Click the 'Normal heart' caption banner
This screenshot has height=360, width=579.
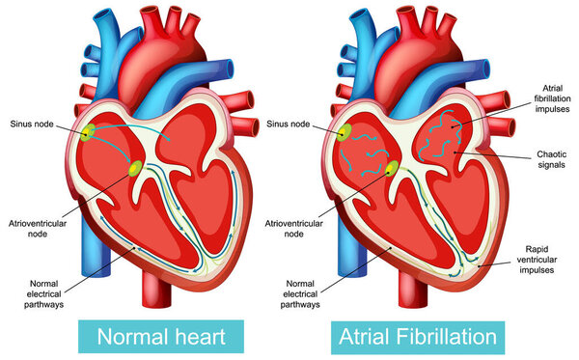(x=157, y=338)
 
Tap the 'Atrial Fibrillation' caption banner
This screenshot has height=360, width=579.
(x=417, y=338)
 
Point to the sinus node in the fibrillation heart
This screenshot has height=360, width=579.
(x=345, y=132)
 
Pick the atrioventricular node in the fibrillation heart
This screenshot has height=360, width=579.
(x=391, y=171)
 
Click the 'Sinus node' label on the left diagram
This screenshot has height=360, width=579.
(x=32, y=124)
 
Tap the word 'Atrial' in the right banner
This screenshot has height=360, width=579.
(x=366, y=338)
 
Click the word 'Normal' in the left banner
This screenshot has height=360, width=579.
(x=128, y=338)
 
